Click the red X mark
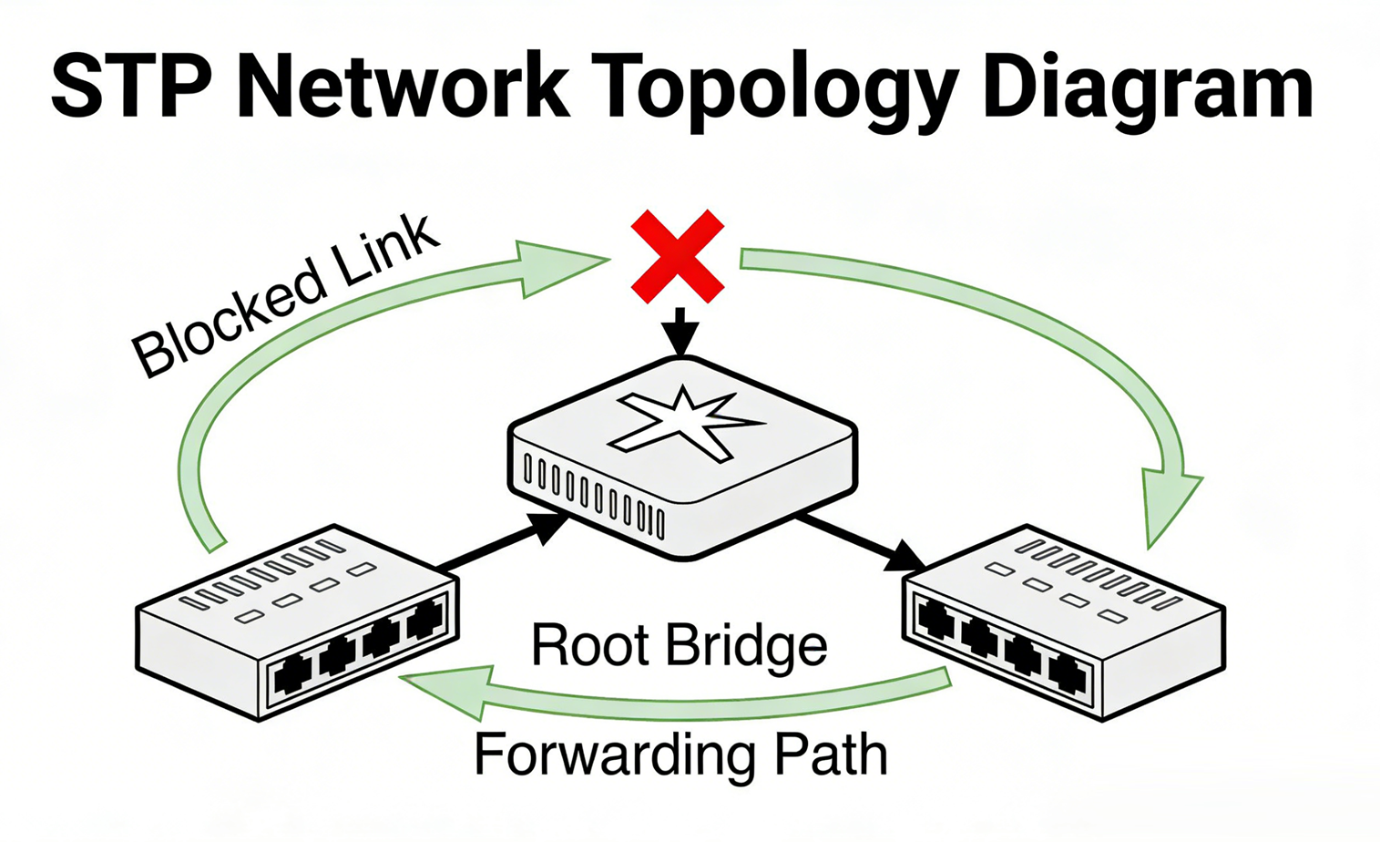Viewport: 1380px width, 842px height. (x=678, y=256)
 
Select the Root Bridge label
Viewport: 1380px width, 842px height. (x=679, y=645)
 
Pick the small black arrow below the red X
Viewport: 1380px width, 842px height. (x=680, y=332)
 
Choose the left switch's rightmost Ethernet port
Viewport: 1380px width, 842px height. (x=424, y=622)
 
